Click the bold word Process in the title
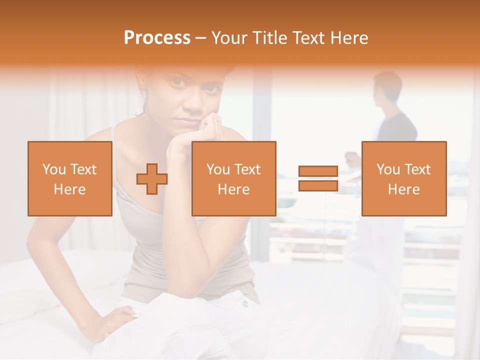pyautogui.click(x=157, y=38)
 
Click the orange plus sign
pyautogui.click(x=152, y=178)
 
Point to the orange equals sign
pyautogui.click(x=318, y=178)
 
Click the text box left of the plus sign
pyautogui.click(x=70, y=178)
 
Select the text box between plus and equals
pyautogui.click(x=234, y=178)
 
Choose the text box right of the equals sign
pyautogui.click(x=403, y=178)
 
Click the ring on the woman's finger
pyautogui.click(x=216, y=120)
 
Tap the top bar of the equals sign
pyautogui.click(x=318, y=171)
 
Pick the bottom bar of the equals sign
pyautogui.click(x=318, y=185)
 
